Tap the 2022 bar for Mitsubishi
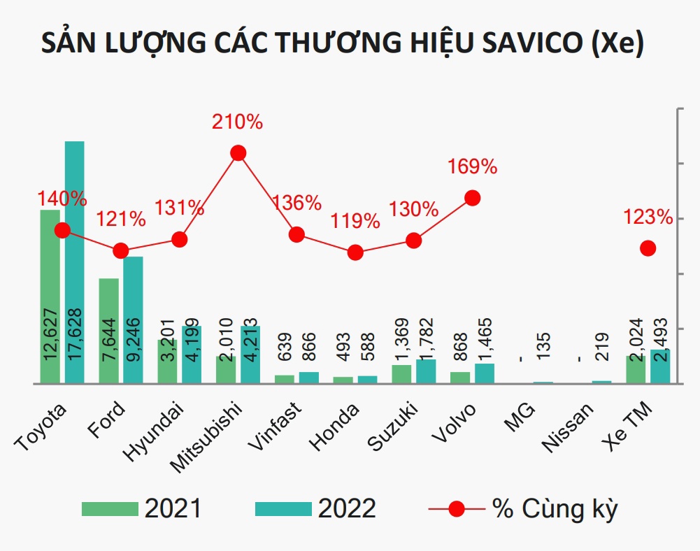250,355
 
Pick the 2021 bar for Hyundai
167,362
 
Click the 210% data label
237,122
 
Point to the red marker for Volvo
473,198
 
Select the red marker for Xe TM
648,248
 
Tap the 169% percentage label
472,167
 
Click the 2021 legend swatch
110,508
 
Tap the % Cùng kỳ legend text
555,508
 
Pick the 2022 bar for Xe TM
659,366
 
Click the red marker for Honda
355,252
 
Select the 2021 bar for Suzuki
401,374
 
